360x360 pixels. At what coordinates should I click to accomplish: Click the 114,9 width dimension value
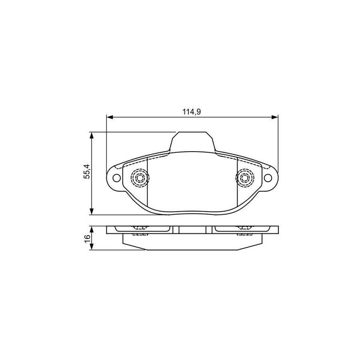[x=192, y=112]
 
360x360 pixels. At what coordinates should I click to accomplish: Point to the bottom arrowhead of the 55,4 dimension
[x=92, y=211]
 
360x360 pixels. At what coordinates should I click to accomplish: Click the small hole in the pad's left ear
[x=116, y=178]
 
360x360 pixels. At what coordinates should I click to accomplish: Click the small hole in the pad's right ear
[x=268, y=178]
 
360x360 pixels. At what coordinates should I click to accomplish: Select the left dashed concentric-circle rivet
[x=140, y=177]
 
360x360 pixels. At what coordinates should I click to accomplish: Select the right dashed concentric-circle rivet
[x=244, y=177]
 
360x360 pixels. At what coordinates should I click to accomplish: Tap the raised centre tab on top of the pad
[x=192, y=142]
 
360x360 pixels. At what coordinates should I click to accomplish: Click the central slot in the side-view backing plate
[x=192, y=230]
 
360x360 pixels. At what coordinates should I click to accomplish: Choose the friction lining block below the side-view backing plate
[x=192, y=242]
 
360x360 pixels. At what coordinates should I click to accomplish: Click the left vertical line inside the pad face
[x=148, y=184]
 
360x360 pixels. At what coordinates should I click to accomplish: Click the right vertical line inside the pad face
[x=237, y=184]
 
